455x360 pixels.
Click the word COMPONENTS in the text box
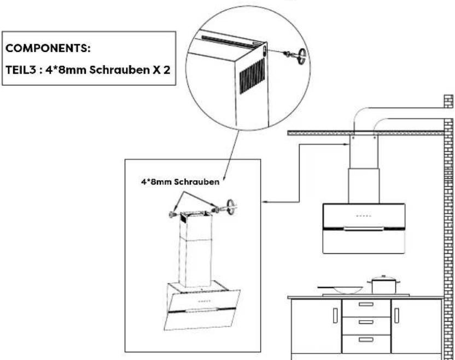click(48, 49)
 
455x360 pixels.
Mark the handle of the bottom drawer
click(366, 339)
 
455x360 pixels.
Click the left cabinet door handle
click(334, 315)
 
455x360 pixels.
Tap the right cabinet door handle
click(396, 315)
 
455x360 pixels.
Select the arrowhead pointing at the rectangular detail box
click(265, 203)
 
